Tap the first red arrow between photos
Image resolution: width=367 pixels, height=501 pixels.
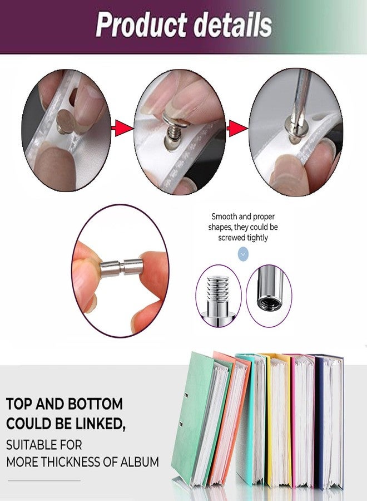[x=123, y=128]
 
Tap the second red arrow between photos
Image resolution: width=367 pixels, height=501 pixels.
[x=237, y=129]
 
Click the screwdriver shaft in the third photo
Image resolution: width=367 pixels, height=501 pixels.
[x=300, y=96]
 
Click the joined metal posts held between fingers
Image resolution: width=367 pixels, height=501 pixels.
[x=122, y=268]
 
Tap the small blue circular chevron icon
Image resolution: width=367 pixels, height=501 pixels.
[x=243, y=254]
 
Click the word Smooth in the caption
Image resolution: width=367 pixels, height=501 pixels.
[x=224, y=217]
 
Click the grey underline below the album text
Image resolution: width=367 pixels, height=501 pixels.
[x=44, y=480]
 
